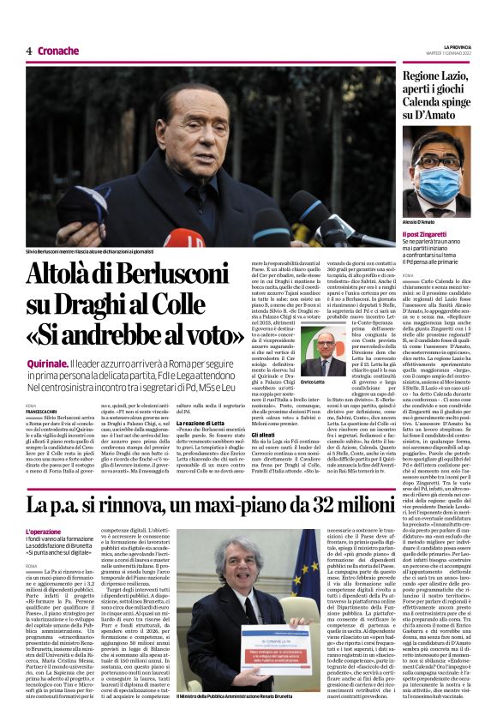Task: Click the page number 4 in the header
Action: (28, 51)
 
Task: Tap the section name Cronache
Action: (58, 51)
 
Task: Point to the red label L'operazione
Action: (44, 532)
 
